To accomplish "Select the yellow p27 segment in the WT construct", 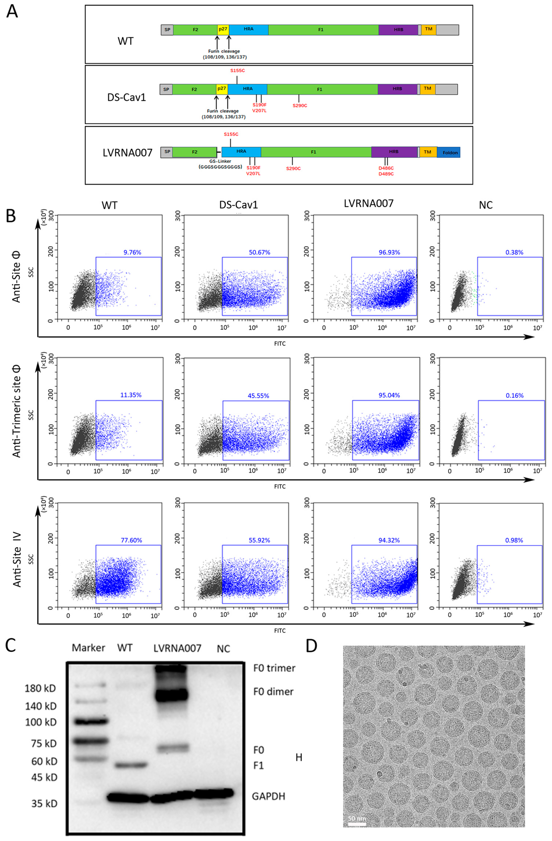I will click(223, 29).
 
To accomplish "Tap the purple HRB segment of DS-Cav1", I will click(397, 89).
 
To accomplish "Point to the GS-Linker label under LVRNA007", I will click(220, 161).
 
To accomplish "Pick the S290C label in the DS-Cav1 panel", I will click(300, 105).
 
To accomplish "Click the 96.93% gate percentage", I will click(389, 252).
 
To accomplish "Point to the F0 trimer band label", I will click(274, 668).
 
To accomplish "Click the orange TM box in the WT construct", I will click(428, 29).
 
